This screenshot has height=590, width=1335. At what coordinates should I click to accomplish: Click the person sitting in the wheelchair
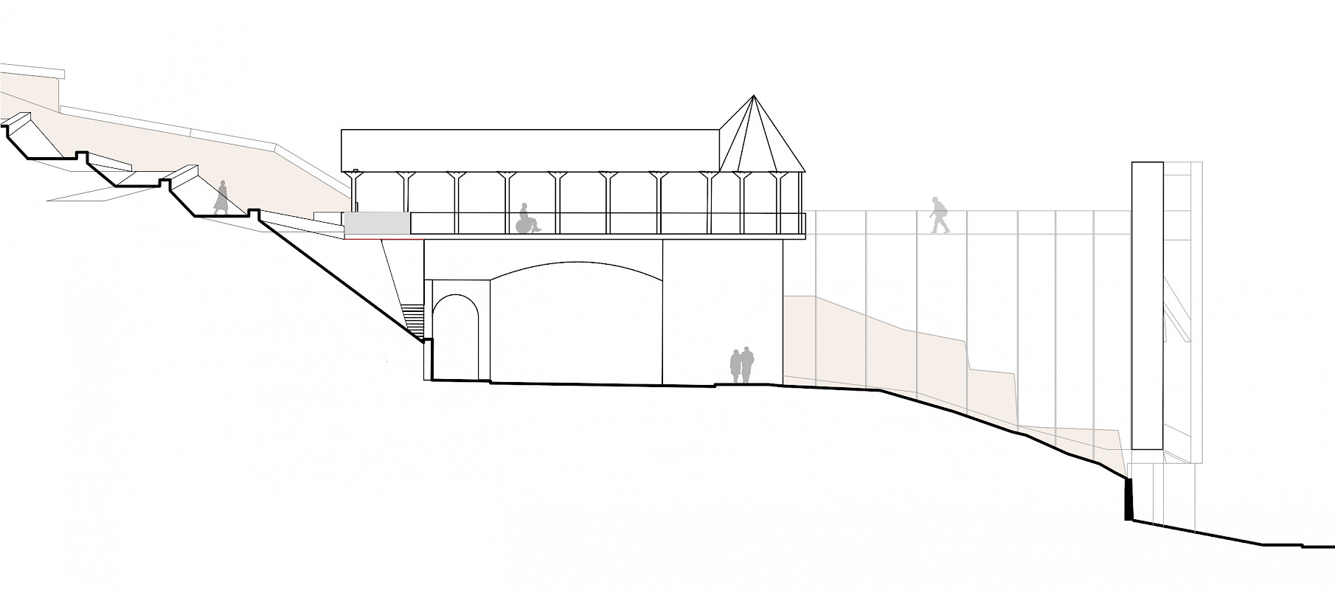tap(526, 219)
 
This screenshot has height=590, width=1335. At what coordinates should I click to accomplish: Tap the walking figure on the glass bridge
tap(938, 215)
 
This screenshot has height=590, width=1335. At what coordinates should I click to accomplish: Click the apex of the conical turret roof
tap(753, 95)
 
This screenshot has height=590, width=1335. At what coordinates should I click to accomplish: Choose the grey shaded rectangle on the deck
tap(377, 224)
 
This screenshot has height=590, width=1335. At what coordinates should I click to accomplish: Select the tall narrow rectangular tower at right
tap(1147, 305)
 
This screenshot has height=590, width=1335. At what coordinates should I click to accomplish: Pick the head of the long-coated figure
tap(222, 184)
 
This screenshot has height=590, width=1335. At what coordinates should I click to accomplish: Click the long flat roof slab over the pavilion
tap(530, 150)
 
